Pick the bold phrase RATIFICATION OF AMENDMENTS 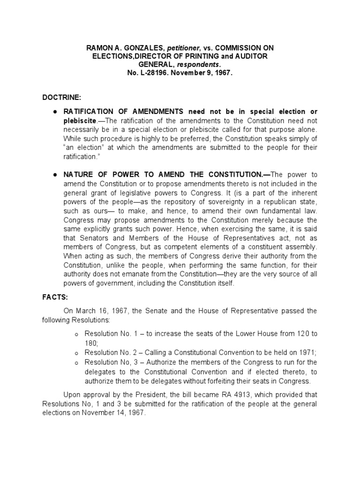pos(124,112)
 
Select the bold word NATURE pos(80,174)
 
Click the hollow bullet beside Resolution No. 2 pos(75,353)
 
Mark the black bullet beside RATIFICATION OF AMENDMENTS pos(55,112)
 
